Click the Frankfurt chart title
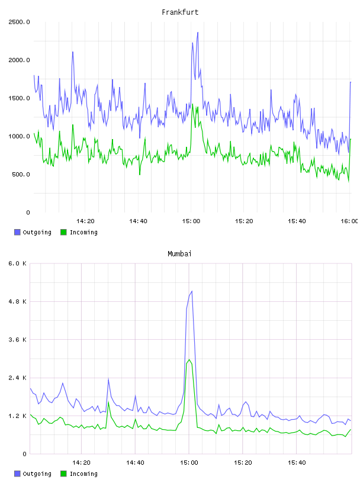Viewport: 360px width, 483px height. [180, 12]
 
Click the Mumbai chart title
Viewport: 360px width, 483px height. [179, 254]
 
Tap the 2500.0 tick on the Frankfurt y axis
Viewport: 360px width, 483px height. [19, 22]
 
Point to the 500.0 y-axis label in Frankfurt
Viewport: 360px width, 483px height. [21, 175]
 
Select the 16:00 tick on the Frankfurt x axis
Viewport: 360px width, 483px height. [349, 221]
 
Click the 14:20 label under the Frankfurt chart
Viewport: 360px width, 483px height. [85, 221]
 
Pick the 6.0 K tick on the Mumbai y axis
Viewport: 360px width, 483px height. [17, 263]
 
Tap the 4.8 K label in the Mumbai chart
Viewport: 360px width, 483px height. [17, 301]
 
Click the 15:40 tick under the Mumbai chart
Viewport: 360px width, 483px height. [297, 463]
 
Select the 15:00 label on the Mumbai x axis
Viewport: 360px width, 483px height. [189, 463]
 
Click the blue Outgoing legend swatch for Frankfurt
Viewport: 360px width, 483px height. [17, 232]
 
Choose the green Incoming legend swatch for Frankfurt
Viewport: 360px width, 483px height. [63, 232]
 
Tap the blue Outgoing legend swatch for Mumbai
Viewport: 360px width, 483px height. [17, 474]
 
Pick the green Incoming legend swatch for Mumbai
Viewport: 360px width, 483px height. [63, 474]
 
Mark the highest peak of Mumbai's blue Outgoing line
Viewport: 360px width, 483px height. [192, 291]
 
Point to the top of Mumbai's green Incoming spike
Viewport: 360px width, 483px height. [189, 360]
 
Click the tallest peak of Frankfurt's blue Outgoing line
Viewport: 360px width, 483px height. [198, 33]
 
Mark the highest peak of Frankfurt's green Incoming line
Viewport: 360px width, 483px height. [192, 104]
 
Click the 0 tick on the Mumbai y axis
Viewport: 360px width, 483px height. [24, 454]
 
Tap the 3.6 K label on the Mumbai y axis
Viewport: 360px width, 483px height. [17, 340]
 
